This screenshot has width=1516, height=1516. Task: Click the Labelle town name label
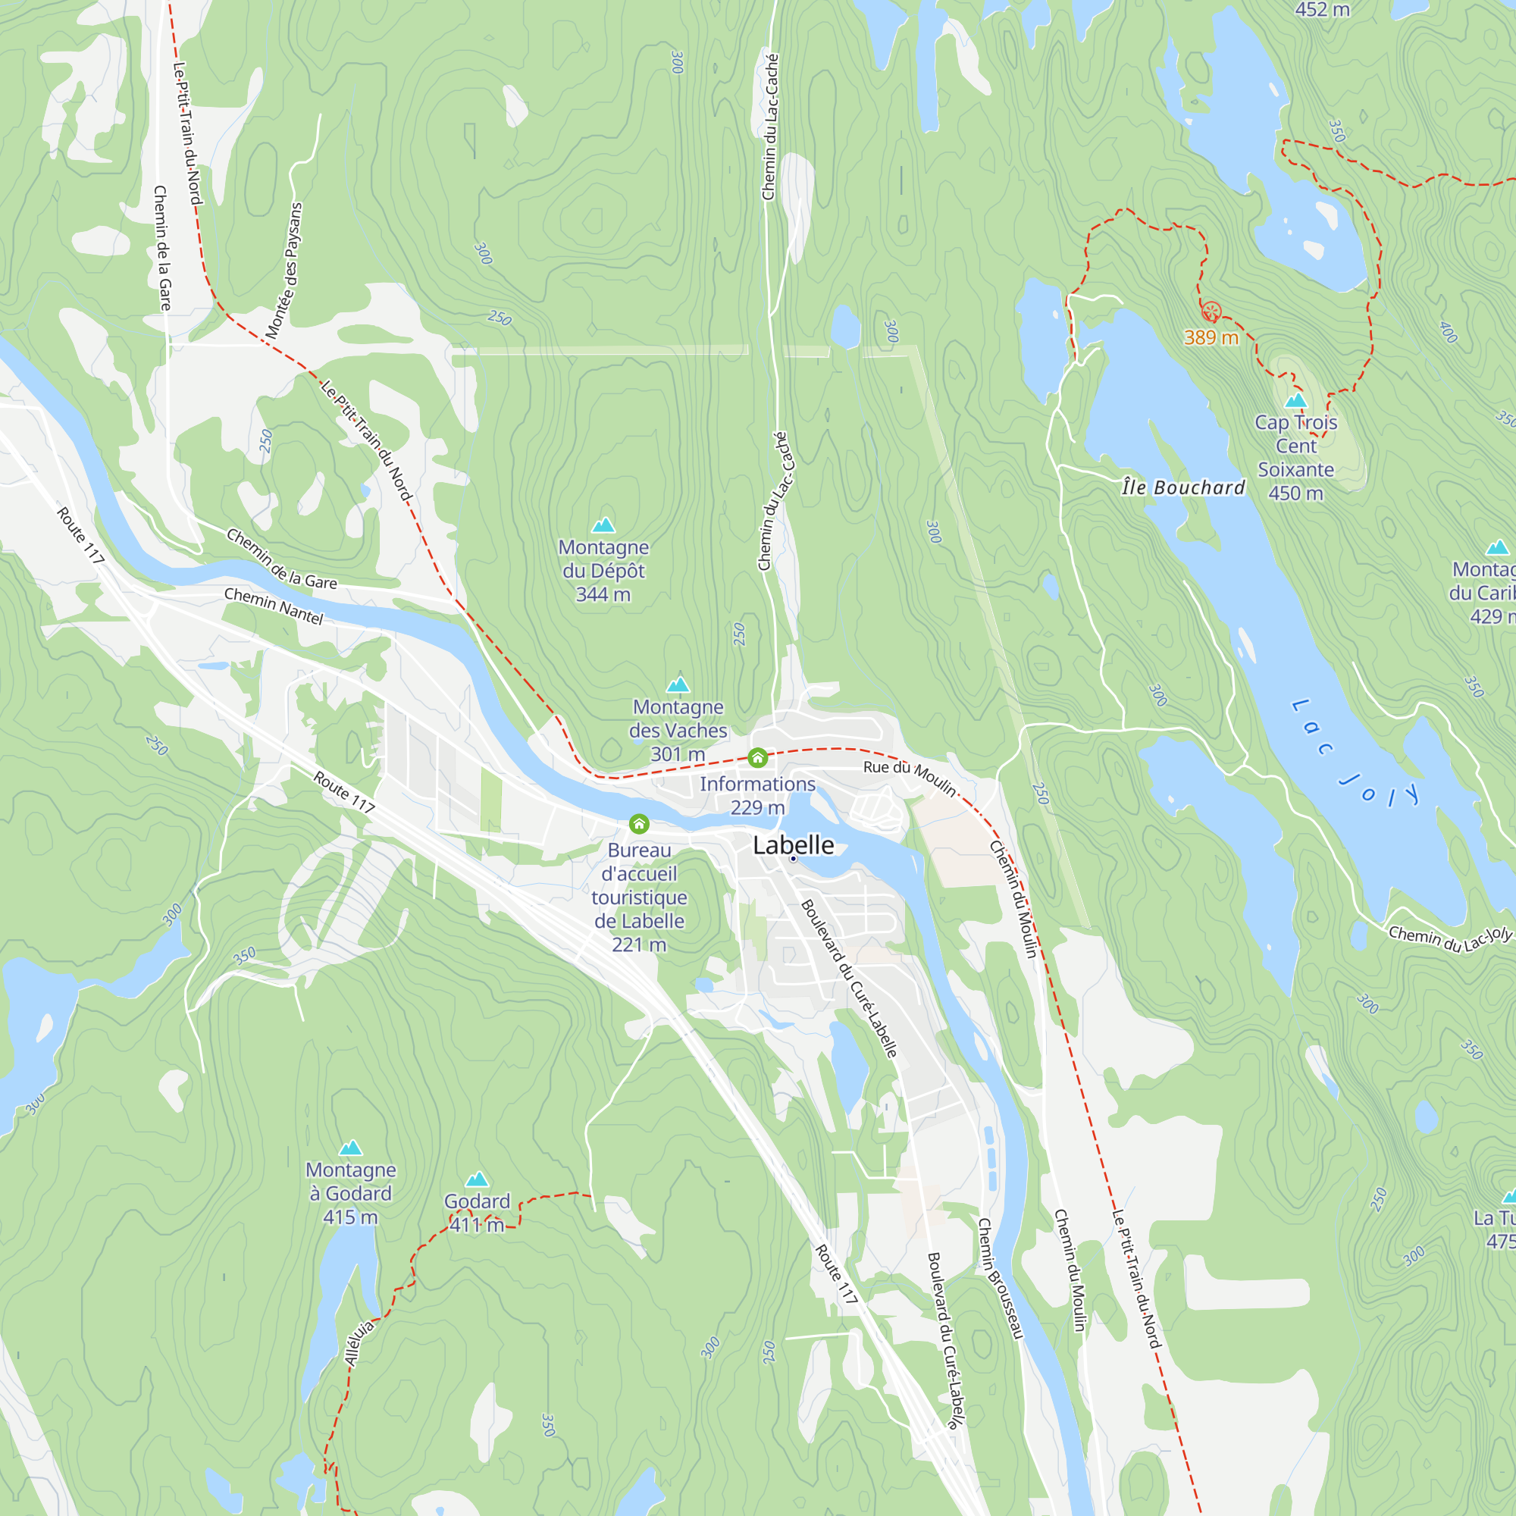coord(794,845)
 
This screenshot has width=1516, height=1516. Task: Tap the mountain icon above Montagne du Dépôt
coord(603,525)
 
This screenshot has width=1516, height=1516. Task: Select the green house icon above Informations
coord(757,757)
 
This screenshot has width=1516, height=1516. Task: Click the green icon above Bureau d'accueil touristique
coord(639,824)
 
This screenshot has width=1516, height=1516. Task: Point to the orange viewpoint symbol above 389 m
coord(1211,312)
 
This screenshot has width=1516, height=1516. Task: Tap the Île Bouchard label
coord(1183,487)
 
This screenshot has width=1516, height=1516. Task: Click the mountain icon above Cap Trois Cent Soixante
coord(1295,400)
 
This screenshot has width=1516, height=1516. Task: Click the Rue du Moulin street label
coord(910,777)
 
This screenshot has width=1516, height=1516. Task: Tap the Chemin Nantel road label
coord(274,606)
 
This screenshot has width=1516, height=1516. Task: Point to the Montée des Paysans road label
coord(284,271)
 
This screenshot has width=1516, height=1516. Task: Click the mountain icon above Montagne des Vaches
coord(678,684)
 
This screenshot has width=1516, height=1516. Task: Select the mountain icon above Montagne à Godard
coord(350,1147)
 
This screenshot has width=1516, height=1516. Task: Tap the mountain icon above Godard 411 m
coord(477,1179)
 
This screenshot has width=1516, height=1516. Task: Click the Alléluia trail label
coord(360,1342)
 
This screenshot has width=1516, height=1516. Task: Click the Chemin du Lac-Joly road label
coord(1450,938)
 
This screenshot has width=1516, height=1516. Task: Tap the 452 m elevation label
coord(1322,9)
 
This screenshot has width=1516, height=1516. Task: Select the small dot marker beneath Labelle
coord(794,860)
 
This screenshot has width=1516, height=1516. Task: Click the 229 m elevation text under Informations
coord(757,807)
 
